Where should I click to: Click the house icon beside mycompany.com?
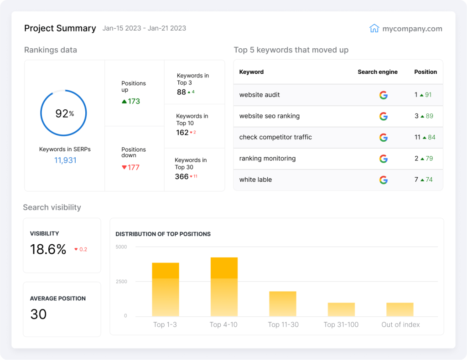point(374,28)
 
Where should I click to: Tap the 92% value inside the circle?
point(64,113)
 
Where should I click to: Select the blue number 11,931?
point(65,160)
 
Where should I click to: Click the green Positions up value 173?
point(131,101)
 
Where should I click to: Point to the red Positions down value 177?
point(130,167)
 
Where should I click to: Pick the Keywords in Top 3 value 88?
point(182,92)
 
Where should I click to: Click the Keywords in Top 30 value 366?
point(182,176)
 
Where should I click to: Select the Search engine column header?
point(377,72)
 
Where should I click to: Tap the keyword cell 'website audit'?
point(259,95)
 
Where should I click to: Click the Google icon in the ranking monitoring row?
point(384,159)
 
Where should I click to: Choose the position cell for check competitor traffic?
point(425,137)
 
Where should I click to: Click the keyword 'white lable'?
point(255,180)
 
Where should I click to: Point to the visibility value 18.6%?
point(48,249)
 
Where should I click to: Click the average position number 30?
point(38,314)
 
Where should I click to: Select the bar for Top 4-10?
point(224,287)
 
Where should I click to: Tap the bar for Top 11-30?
point(282,304)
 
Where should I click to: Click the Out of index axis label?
point(400,325)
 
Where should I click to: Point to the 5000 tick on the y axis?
point(121,247)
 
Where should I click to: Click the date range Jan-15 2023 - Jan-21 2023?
point(144,28)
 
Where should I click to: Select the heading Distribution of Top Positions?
point(163,234)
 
